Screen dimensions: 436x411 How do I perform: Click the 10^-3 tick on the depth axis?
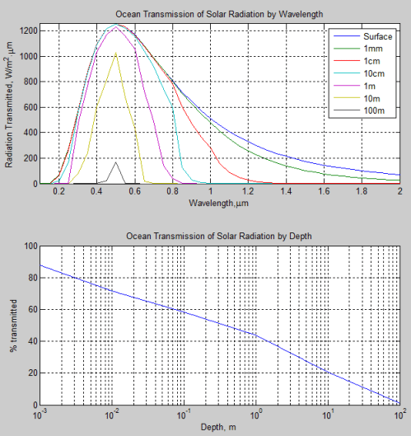tap(39, 415)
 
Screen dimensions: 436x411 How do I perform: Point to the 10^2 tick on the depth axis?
tap(399, 415)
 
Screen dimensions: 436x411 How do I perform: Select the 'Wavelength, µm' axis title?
tap(219, 202)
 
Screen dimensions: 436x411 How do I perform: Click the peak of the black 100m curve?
tap(115, 162)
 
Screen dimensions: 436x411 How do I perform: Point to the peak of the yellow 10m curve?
tap(115, 54)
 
